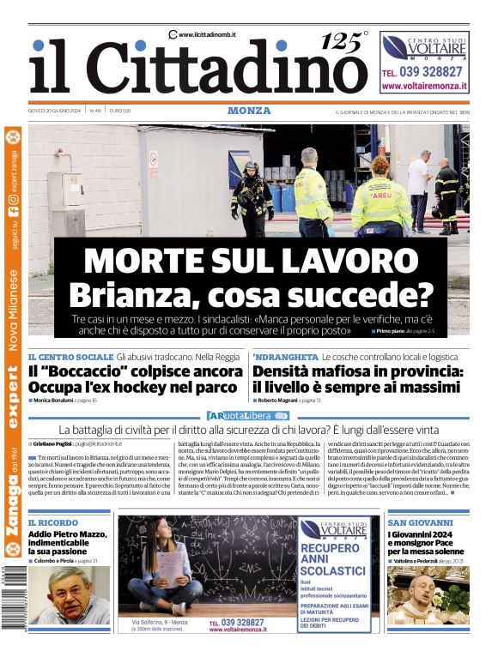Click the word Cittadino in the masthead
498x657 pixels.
coord(228,68)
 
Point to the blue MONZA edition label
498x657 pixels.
coord(249,111)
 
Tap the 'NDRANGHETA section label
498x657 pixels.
coord(285,356)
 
